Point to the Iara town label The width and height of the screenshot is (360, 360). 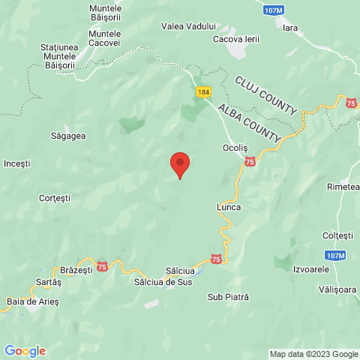(290, 28)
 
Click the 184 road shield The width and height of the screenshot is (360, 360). (203, 91)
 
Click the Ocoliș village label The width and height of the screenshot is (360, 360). (235, 148)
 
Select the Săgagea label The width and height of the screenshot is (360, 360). (68, 136)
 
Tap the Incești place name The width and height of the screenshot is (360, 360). (17, 163)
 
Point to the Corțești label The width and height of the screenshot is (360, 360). (54, 198)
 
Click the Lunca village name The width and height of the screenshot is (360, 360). (228, 206)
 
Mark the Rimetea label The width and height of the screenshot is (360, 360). (343, 186)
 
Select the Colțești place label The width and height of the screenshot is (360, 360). (337, 235)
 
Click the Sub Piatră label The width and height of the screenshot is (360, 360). (227, 297)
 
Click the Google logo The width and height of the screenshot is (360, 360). (25, 351)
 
